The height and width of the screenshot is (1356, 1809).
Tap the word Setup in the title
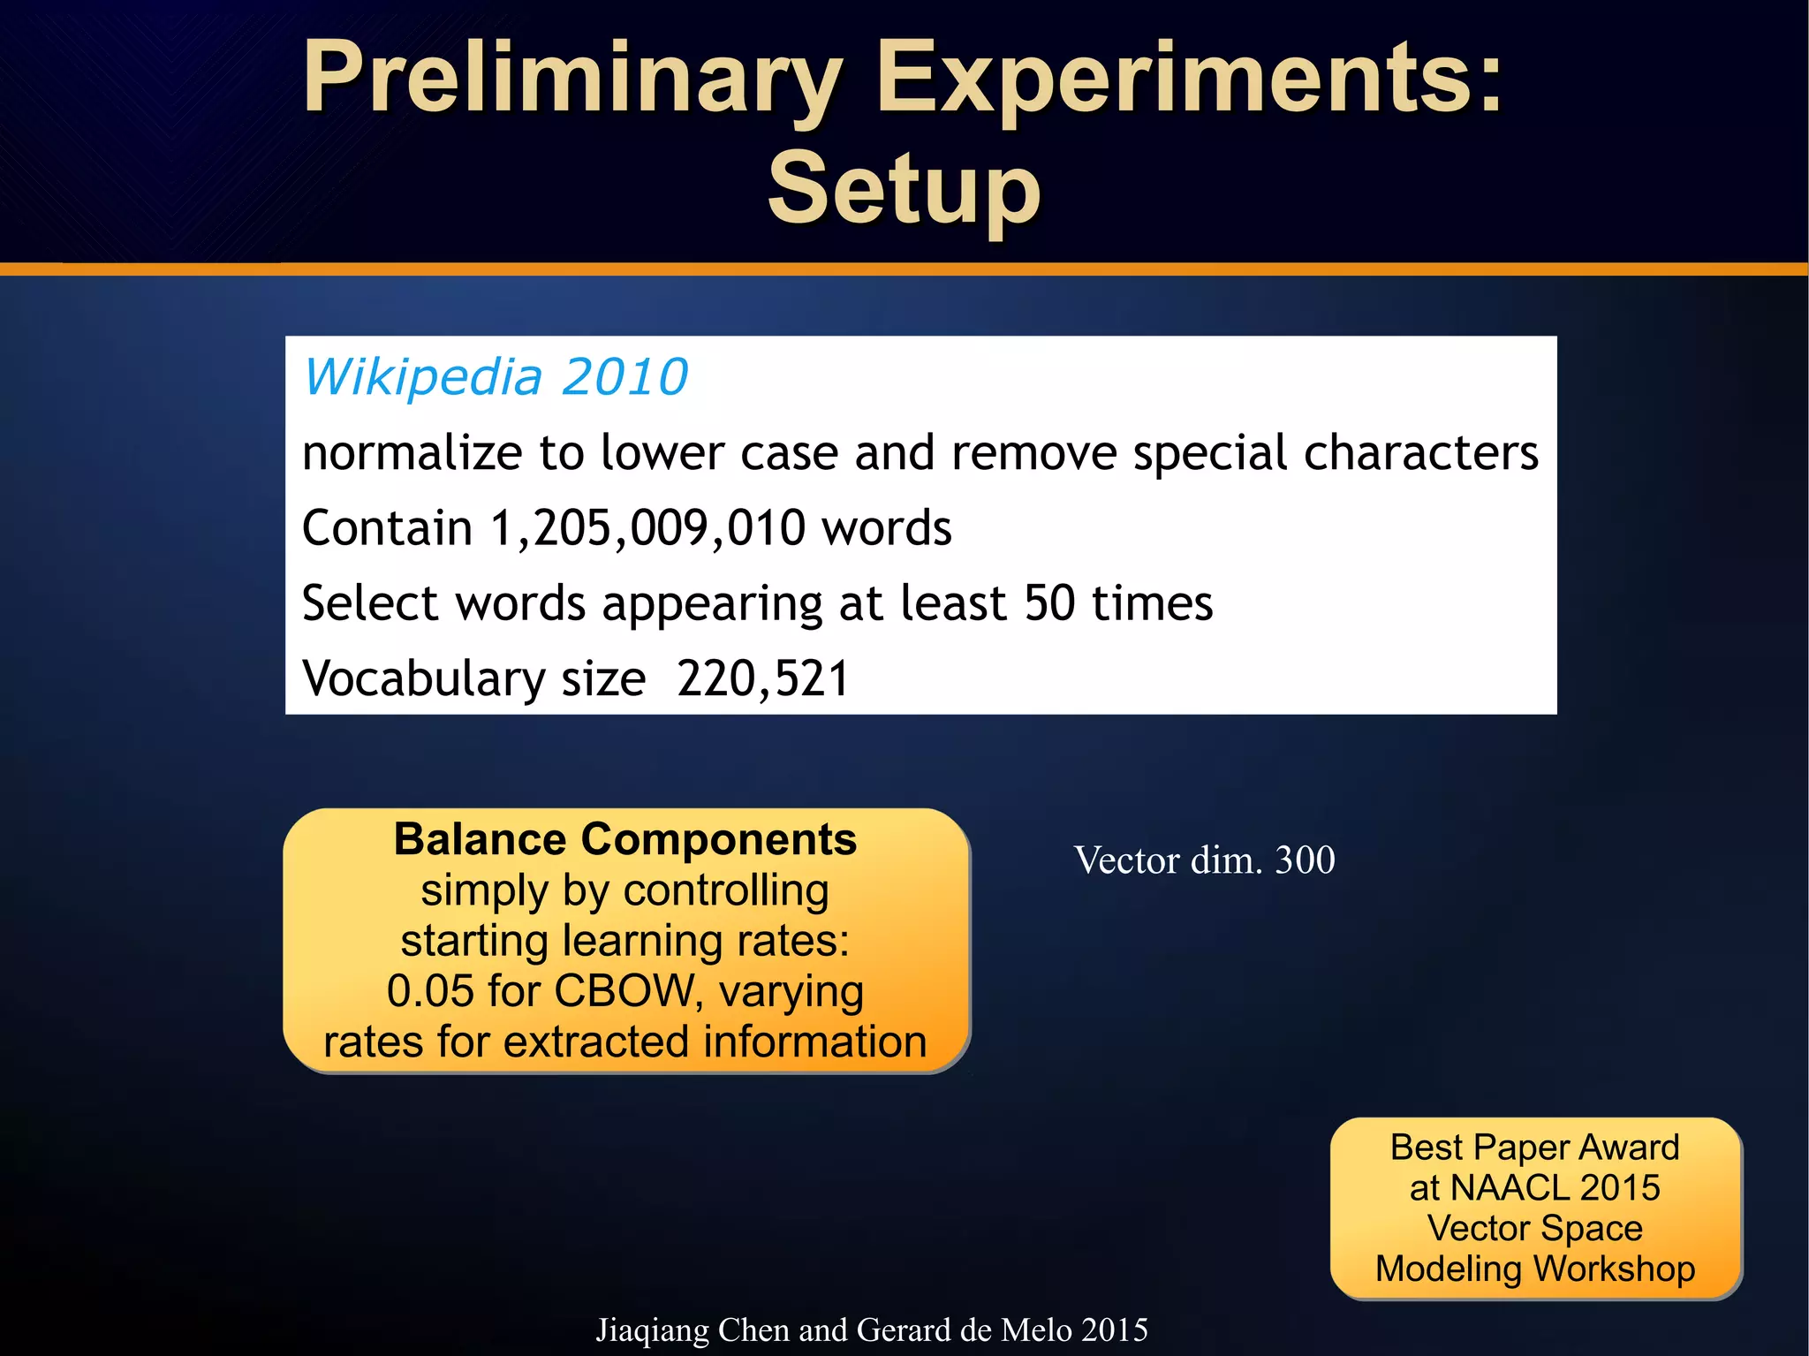[904, 189]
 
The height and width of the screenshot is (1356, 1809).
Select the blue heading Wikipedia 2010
[496, 377]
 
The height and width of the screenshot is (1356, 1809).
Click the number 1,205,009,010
[647, 528]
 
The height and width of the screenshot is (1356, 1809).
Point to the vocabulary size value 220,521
[762, 678]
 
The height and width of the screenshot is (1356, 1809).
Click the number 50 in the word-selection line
[1049, 603]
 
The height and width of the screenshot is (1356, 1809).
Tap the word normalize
[413, 453]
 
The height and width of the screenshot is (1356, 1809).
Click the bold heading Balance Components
[624, 839]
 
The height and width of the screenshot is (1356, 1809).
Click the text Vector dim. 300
[1204, 860]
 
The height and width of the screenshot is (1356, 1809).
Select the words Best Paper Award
[1534, 1148]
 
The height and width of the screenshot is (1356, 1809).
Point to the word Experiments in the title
[1188, 80]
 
